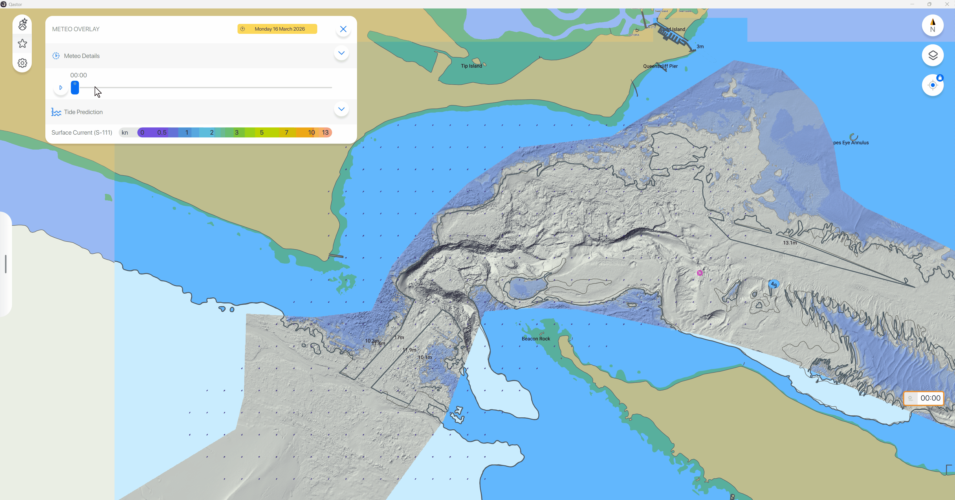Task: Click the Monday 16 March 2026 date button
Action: click(x=277, y=29)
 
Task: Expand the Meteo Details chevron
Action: click(x=341, y=53)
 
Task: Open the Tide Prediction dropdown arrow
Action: click(x=341, y=109)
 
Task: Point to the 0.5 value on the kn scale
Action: click(x=162, y=132)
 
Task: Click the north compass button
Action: click(x=932, y=25)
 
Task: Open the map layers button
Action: click(x=932, y=55)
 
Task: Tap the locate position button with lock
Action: click(x=932, y=85)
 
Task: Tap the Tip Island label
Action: click(x=471, y=66)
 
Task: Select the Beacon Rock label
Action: click(x=535, y=338)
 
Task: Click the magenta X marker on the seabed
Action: click(x=699, y=273)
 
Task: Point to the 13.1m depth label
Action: click(x=790, y=243)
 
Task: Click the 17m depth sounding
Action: click(x=399, y=337)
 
